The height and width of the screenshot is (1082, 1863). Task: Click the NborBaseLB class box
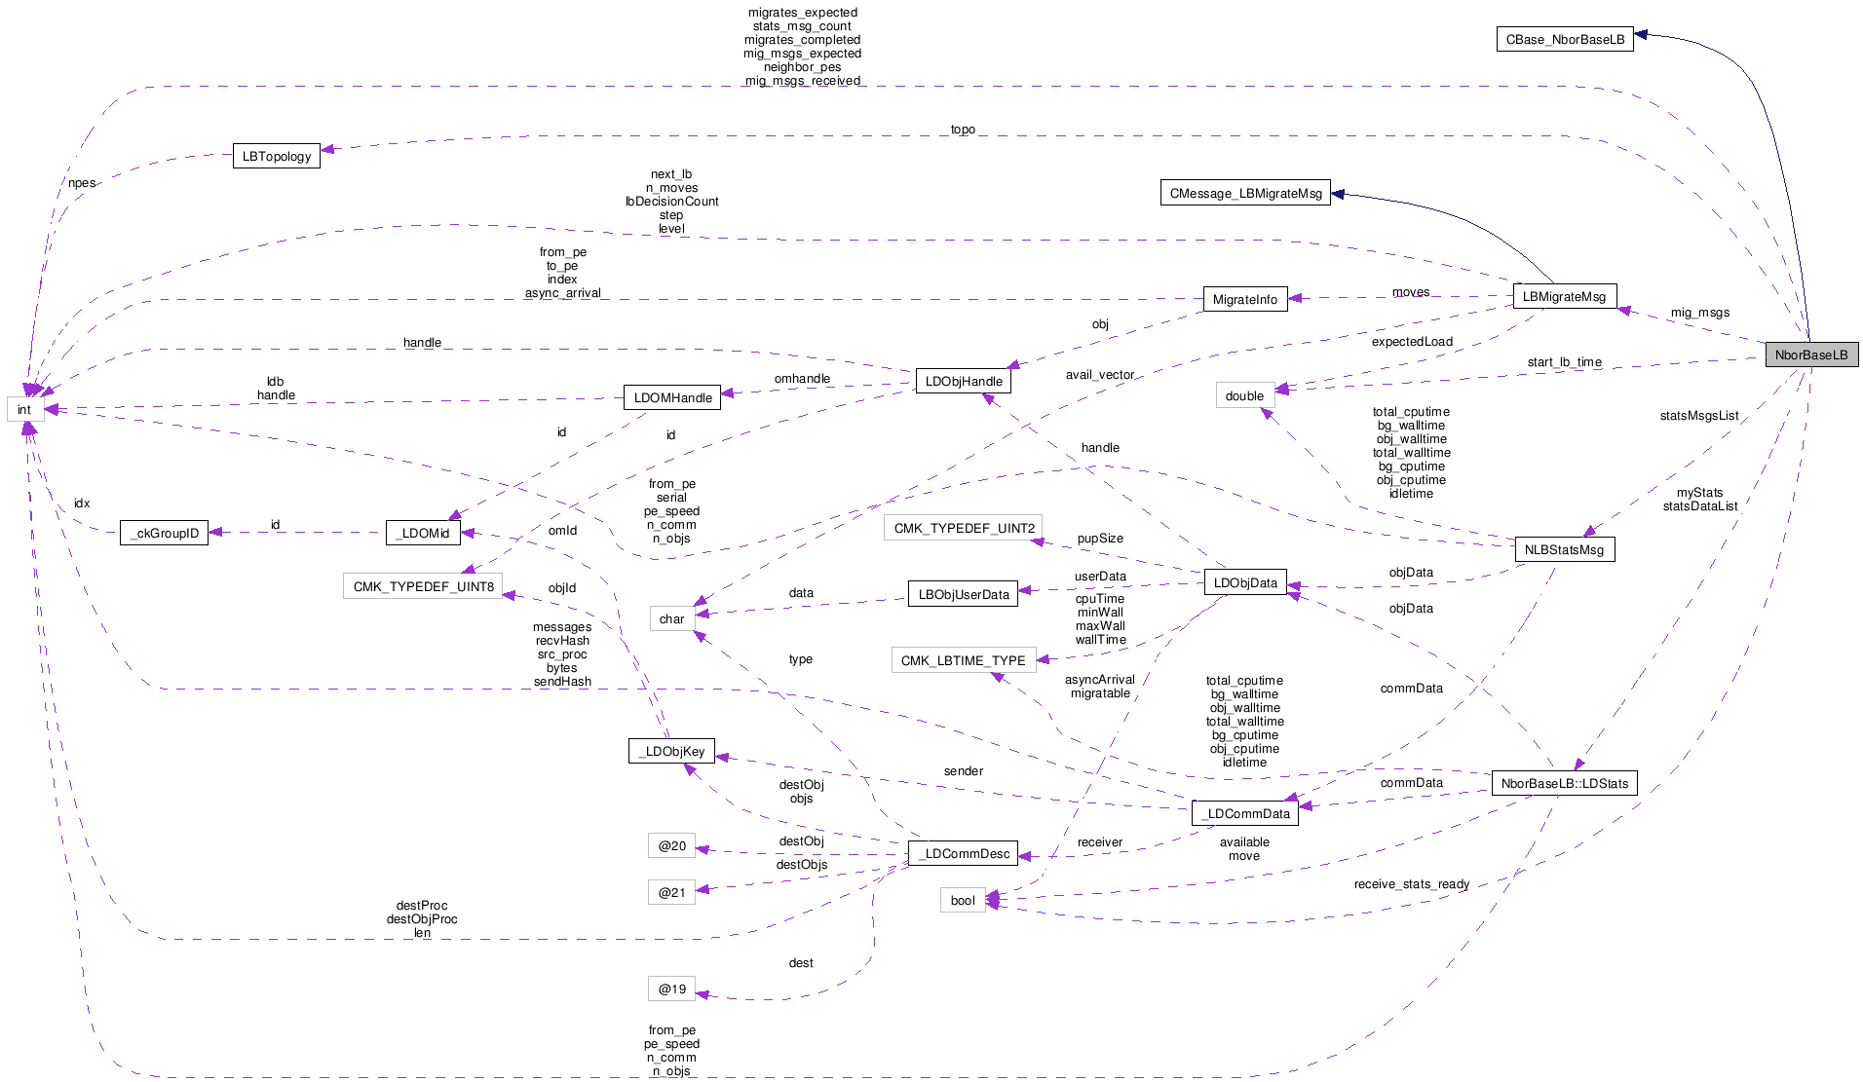(x=1811, y=354)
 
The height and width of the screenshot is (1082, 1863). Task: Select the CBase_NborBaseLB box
(x=1565, y=39)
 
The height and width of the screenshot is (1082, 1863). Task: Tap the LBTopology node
(x=277, y=156)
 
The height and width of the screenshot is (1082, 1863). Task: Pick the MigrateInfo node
(x=1244, y=299)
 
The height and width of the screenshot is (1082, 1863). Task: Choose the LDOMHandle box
(x=672, y=397)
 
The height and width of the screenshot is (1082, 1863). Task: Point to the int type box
(x=24, y=409)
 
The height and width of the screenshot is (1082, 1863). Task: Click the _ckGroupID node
(x=164, y=533)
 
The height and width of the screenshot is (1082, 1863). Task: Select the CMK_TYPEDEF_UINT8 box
(x=423, y=586)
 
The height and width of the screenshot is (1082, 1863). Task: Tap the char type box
(x=671, y=618)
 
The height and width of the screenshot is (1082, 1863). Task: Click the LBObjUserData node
(x=963, y=594)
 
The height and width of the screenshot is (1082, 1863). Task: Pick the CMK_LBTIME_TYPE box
(x=963, y=660)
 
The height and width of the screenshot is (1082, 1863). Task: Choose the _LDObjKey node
(x=671, y=751)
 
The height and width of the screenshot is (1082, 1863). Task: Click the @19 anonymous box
(x=671, y=989)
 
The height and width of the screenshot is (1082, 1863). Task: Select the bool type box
(x=962, y=900)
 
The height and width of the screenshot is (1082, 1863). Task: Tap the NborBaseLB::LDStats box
(x=1564, y=783)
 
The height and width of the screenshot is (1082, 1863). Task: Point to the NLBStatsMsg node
(x=1564, y=549)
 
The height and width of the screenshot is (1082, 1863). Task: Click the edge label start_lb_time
(x=1564, y=362)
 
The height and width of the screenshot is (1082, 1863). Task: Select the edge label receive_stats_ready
(x=1411, y=884)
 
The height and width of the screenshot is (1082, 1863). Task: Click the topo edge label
(x=963, y=130)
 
